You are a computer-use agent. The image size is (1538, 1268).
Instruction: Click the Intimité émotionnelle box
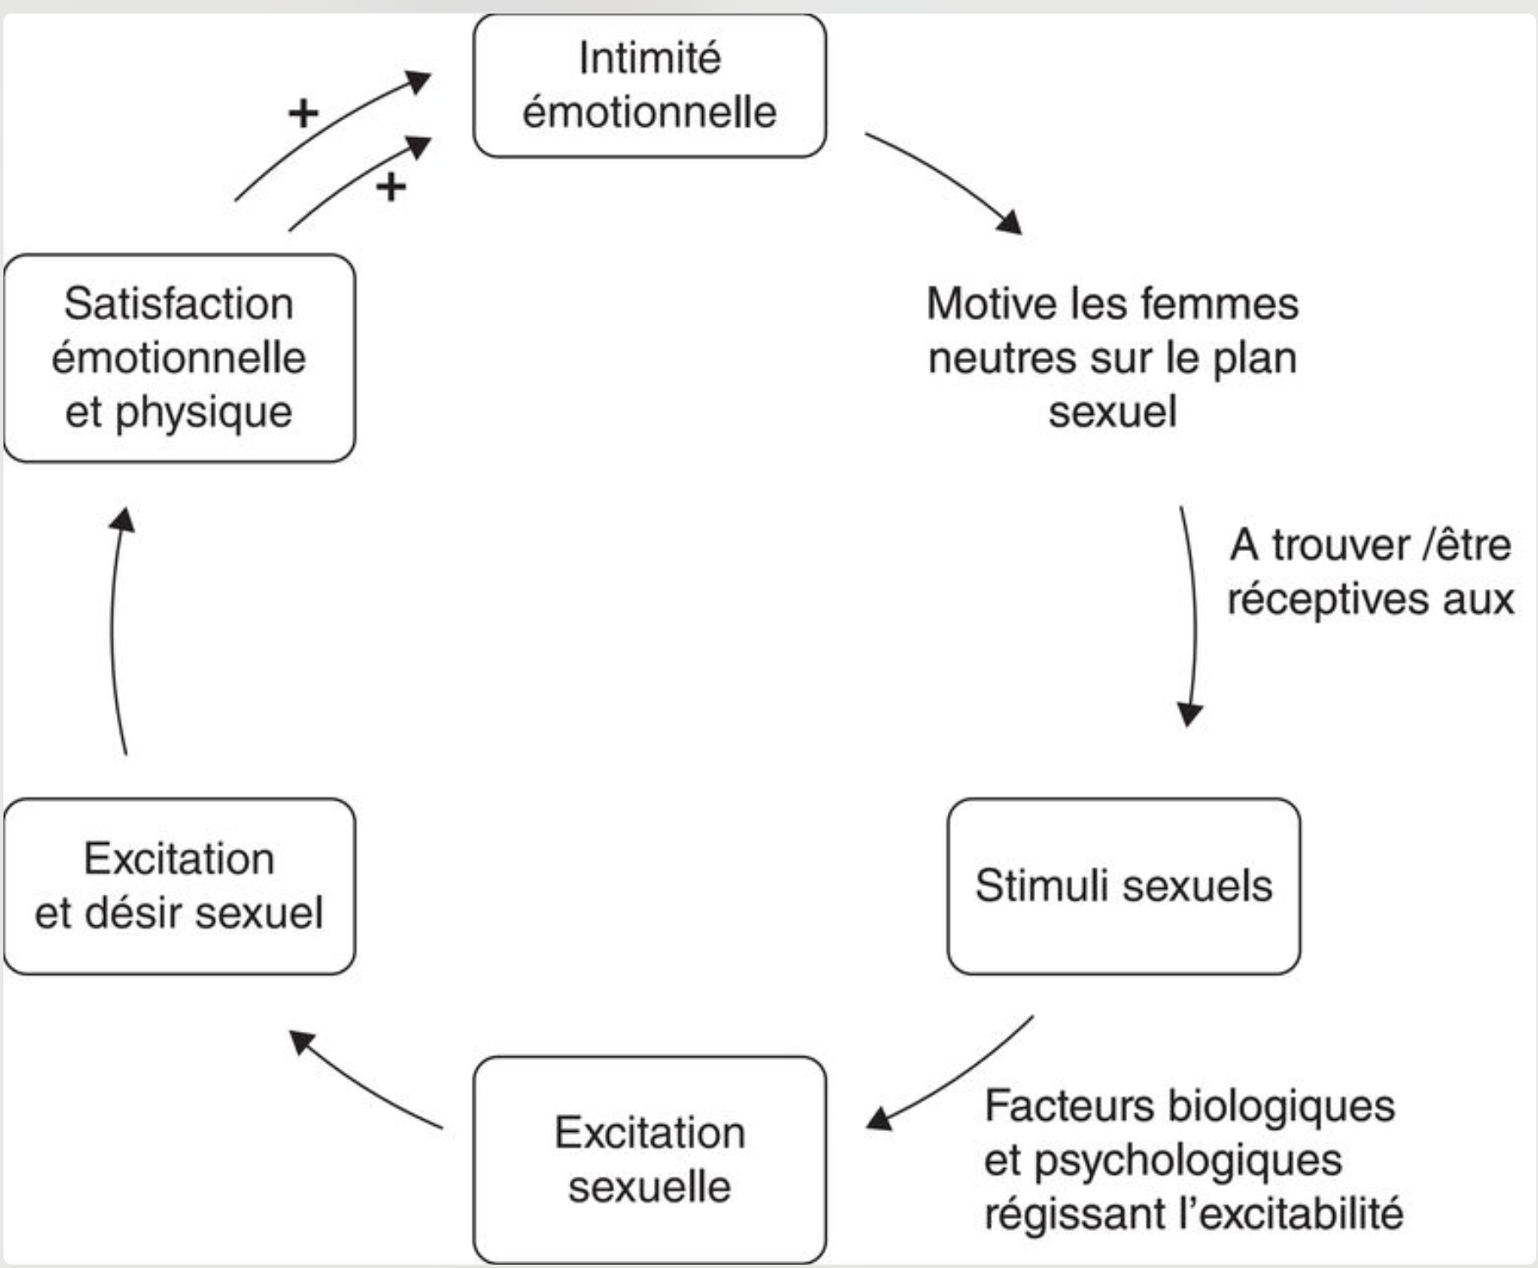(x=650, y=85)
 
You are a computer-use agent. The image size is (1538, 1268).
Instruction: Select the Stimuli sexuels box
(x=1124, y=886)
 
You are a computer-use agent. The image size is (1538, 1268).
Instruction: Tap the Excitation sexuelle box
(x=650, y=1160)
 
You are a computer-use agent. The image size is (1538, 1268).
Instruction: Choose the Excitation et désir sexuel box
(x=180, y=886)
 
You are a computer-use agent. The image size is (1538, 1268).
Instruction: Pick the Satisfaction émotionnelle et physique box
(x=180, y=358)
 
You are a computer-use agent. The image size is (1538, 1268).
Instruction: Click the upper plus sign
(x=303, y=113)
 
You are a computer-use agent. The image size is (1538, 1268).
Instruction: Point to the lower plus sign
(x=390, y=186)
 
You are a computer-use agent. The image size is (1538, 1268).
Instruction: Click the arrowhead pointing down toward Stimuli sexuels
(x=1190, y=714)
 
